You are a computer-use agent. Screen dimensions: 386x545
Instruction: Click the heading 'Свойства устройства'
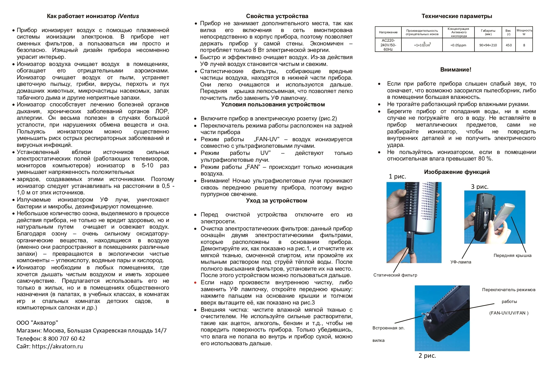click(x=277, y=16)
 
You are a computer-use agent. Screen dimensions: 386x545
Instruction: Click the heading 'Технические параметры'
click(x=456, y=16)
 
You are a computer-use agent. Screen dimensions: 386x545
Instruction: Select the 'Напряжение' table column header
click(x=388, y=32)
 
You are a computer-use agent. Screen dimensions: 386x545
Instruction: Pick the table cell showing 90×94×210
click(x=488, y=45)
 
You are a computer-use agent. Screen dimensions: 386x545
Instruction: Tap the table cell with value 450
click(x=508, y=45)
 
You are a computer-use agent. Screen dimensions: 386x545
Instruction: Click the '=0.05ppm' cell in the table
click(x=458, y=45)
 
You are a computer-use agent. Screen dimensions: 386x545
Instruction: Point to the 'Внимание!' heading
click(x=456, y=70)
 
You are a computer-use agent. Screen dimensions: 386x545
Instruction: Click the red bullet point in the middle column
click(x=195, y=283)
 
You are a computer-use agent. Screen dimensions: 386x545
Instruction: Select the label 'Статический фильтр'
click(x=395, y=275)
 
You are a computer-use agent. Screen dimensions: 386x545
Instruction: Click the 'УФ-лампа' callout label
click(x=460, y=262)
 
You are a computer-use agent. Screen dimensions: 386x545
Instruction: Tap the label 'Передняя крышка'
click(x=512, y=255)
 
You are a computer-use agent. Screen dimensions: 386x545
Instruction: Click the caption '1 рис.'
click(x=397, y=176)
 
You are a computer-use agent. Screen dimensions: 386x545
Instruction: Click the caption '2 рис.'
click(x=427, y=356)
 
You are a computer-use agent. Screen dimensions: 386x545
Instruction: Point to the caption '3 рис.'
click(x=479, y=187)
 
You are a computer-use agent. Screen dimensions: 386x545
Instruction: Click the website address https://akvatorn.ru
click(x=57, y=346)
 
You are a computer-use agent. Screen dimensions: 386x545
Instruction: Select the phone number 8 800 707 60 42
click(x=64, y=338)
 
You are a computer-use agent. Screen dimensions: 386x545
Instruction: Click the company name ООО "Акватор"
click(x=37, y=323)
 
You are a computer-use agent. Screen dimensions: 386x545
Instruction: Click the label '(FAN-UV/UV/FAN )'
click(x=509, y=313)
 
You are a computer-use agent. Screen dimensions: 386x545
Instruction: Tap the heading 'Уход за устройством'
click(x=276, y=201)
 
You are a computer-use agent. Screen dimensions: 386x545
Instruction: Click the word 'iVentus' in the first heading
click(x=128, y=16)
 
